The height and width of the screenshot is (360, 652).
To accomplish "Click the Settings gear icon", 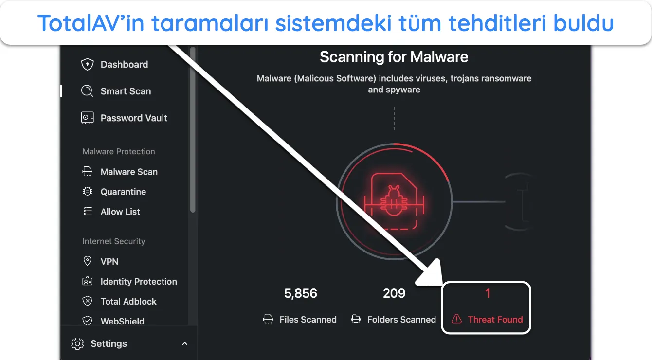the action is tap(77, 343).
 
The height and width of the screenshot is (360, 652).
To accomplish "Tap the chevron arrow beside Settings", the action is tap(184, 343).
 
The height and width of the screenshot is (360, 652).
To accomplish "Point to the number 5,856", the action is tap(300, 293).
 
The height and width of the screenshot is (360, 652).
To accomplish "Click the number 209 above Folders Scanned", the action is tap(394, 293).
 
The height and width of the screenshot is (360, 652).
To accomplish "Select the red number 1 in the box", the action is tap(488, 293).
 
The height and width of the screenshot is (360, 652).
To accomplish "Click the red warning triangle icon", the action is tap(456, 319).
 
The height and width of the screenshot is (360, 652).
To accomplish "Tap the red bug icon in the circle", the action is tap(394, 200).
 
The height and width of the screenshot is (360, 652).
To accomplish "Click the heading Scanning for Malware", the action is tap(394, 57).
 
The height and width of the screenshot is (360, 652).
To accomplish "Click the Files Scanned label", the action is tap(308, 319).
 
